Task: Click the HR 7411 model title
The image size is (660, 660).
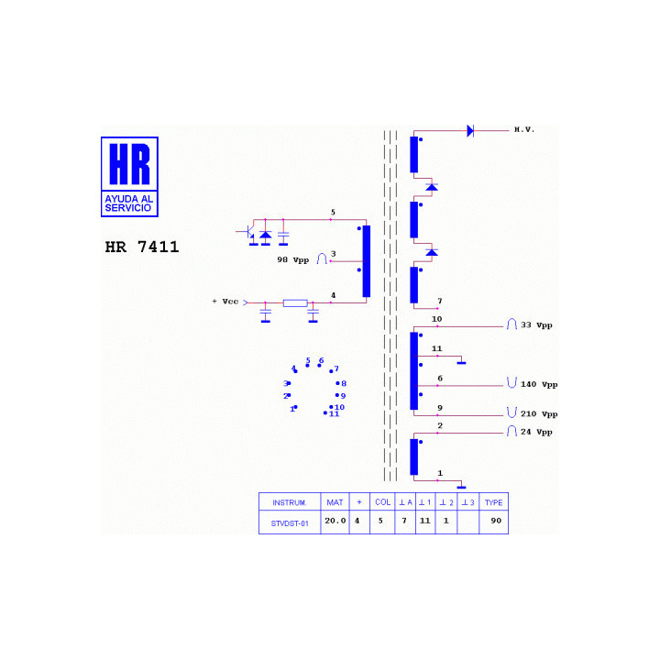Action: (142, 247)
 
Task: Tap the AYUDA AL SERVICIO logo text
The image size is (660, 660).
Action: (129, 203)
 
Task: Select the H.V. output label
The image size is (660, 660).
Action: (524, 129)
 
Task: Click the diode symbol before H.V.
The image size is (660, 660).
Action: (470, 131)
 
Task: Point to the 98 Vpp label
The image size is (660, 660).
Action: (293, 259)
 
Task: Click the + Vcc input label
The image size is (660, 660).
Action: (225, 302)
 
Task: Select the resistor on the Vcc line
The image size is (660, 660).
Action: (295, 303)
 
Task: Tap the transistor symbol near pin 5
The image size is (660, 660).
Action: (249, 233)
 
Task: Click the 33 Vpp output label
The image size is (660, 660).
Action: (536, 324)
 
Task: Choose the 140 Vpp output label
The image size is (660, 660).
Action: (539, 384)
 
